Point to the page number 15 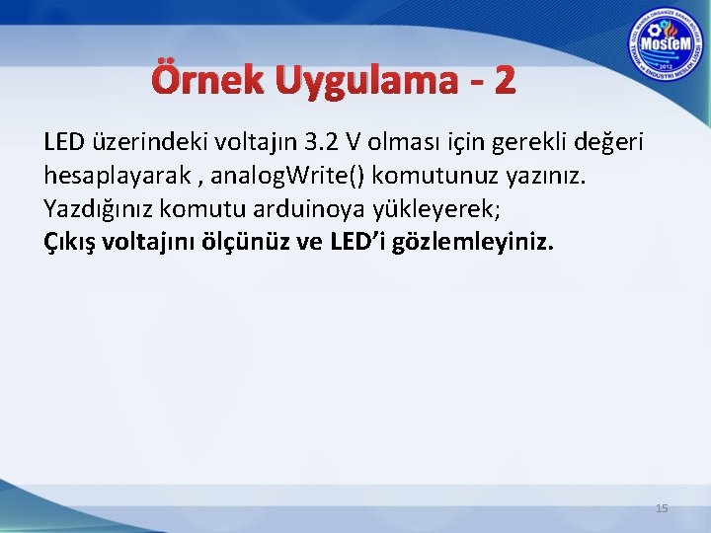pos(663,508)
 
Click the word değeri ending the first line pos(603,142)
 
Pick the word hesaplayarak pos(106,176)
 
